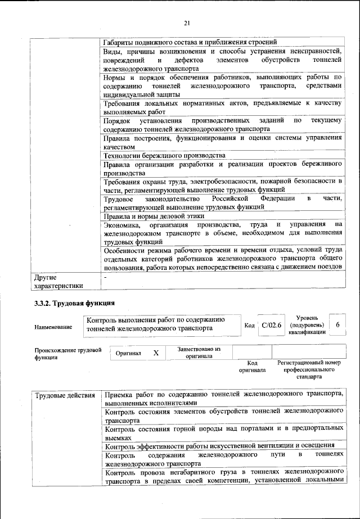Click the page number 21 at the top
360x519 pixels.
point(187,22)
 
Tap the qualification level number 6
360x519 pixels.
point(337,326)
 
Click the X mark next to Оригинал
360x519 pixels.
point(156,353)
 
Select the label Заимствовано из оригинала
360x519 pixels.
point(199,353)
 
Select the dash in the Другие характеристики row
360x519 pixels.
point(105,277)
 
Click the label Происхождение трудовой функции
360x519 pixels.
point(68,353)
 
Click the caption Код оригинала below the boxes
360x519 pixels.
point(252,367)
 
